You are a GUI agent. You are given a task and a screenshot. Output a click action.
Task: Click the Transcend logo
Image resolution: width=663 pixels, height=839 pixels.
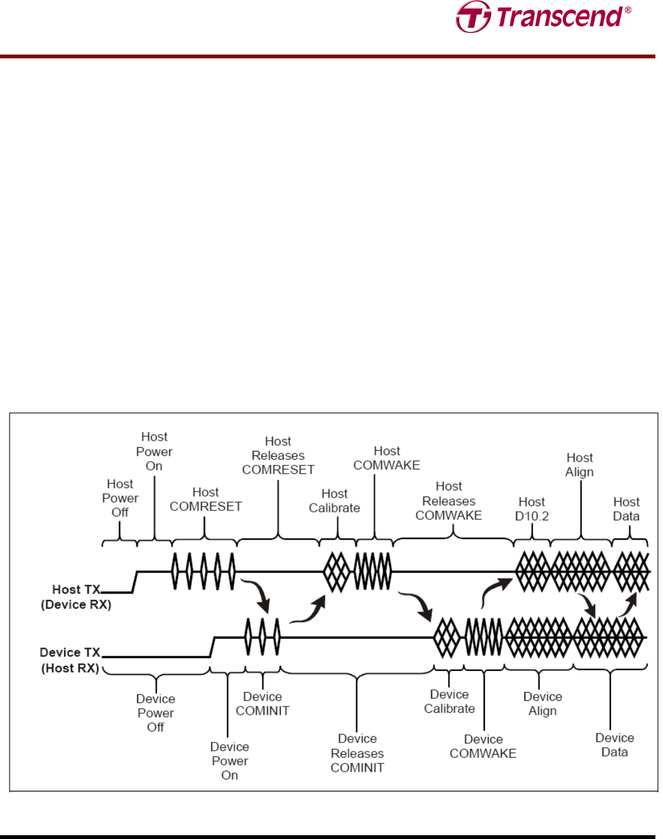(543, 17)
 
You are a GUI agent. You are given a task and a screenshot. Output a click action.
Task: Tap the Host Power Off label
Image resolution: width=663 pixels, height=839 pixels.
(120, 498)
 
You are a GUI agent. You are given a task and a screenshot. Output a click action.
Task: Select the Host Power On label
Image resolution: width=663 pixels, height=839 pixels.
(154, 451)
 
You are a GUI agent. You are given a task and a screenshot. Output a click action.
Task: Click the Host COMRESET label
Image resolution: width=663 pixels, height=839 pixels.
(205, 499)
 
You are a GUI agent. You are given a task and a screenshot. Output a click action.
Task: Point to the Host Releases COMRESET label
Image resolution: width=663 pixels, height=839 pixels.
(278, 455)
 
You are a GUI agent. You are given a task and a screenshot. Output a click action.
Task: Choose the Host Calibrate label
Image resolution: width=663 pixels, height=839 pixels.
(334, 501)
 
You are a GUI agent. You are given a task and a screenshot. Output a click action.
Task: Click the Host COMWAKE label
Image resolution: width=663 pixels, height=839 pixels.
(387, 458)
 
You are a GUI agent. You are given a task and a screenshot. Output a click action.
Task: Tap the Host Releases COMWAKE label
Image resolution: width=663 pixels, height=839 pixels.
(449, 501)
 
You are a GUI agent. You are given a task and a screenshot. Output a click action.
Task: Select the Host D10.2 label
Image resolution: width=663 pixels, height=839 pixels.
(532, 509)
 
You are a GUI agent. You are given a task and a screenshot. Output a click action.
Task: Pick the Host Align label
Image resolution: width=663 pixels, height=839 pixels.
(579, 465)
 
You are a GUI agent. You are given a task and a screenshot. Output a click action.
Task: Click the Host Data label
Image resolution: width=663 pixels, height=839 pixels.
(626, 509)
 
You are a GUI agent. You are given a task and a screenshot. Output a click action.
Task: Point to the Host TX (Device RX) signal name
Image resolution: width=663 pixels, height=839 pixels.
(76, 597)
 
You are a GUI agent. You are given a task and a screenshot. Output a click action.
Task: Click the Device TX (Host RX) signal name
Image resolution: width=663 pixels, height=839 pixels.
(70, 660)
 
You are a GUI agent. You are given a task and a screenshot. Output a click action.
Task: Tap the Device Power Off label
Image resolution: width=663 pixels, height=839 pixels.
(155, 713)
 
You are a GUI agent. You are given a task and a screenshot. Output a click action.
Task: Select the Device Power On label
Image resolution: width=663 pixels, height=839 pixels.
(229, 761)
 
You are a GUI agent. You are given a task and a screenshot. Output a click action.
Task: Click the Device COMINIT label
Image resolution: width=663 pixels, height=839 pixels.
(262, 704)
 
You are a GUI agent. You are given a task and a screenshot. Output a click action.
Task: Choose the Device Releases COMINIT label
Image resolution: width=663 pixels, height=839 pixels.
(357, 753)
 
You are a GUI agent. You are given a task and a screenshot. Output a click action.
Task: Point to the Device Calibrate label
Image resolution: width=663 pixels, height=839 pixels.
(449, 701)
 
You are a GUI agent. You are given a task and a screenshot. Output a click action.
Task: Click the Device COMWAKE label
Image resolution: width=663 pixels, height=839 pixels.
(483, 746)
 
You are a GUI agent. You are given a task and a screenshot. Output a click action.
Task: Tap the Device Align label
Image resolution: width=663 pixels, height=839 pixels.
(543, 704)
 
